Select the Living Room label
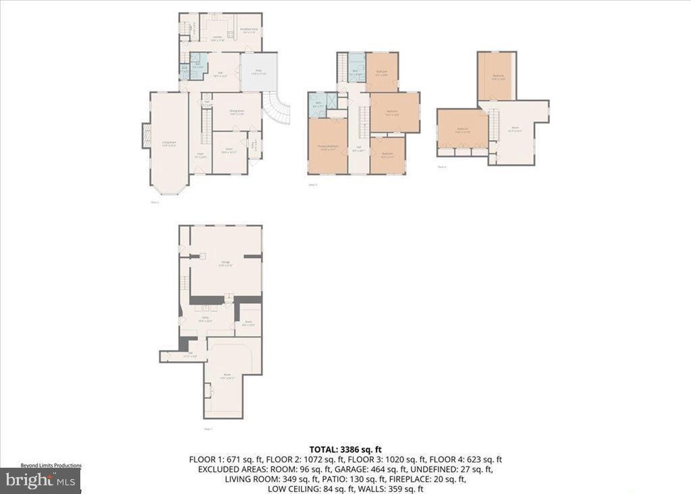pos(169,143)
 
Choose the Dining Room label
pos(236,111)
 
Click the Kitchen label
pos(217,38)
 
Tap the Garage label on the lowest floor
pos(225,264)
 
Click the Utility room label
pos(206,318)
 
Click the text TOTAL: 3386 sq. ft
pos(345,449)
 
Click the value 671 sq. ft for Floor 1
pos(236,460)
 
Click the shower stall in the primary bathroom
pos(315,103)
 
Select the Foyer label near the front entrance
pos(200,154)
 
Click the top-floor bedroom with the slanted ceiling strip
pos(497,76)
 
